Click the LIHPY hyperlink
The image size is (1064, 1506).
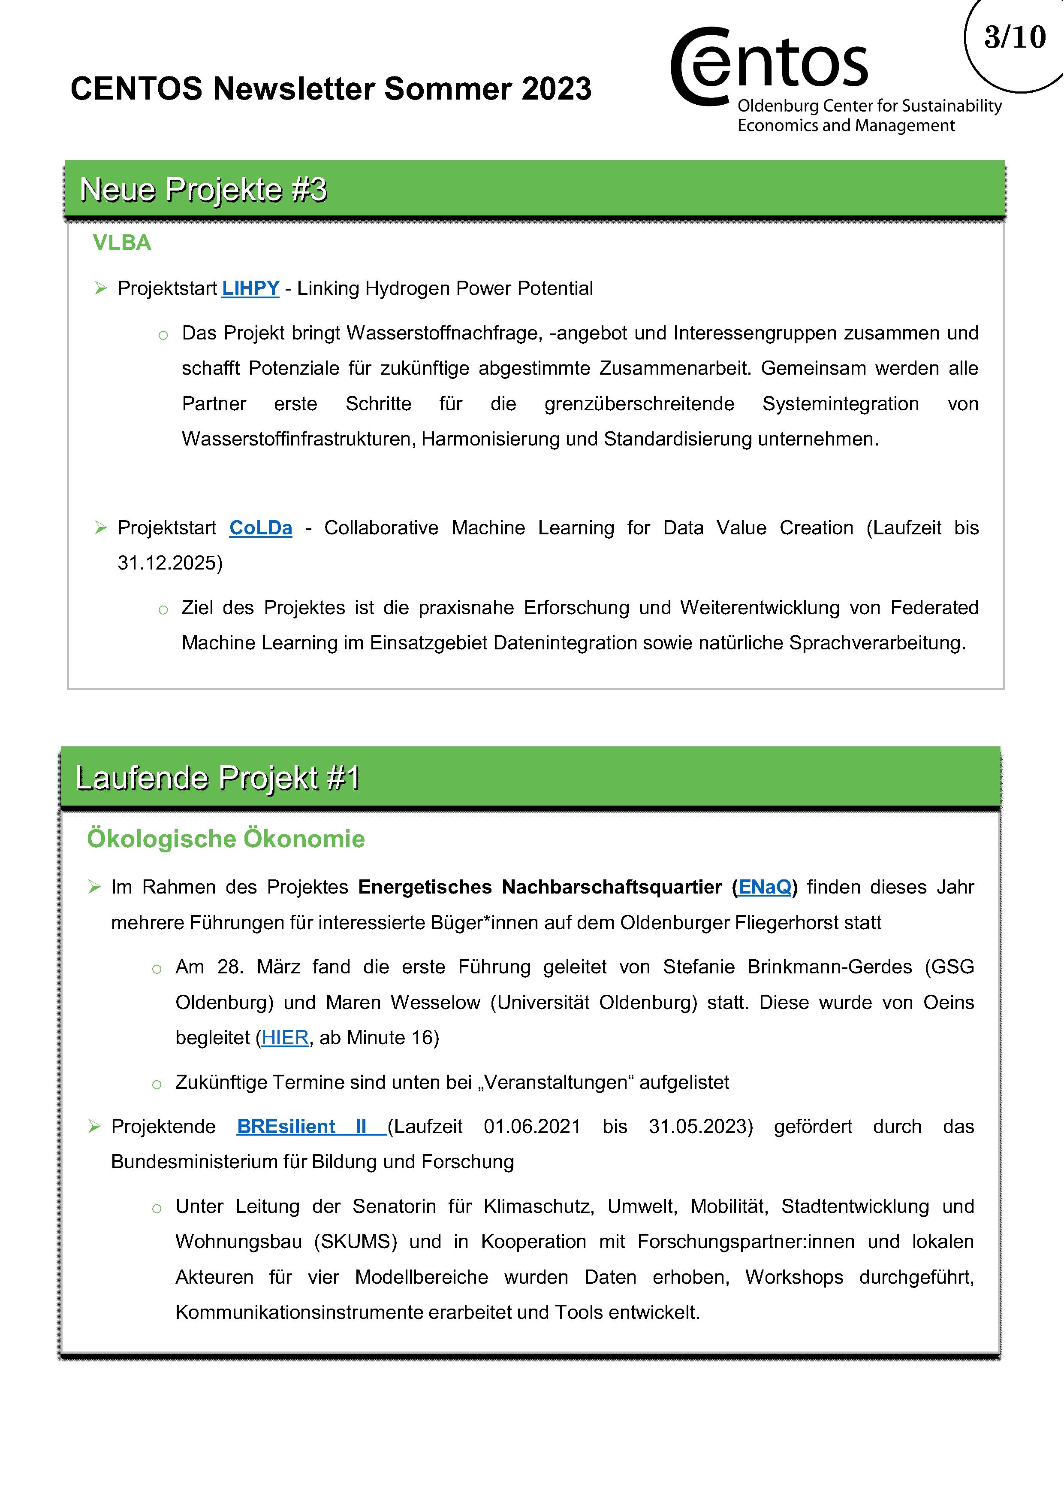pyautogui.click(x=250, y=288)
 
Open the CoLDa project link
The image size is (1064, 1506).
pyautogui.click(x=260, y=528)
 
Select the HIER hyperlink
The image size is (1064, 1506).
pyautogui.click(x=285, y=1038)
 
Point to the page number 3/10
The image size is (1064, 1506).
pyautogui.click(x=1015, y=37)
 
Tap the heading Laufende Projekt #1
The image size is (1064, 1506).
pyautogui.click(x=218, y=779)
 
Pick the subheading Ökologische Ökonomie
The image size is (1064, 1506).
pyautogui.click(x=226, y=839)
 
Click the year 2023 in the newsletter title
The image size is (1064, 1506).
pyautogui.click(x=556, y=89)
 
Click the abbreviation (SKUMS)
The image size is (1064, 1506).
pyautogui.click(x=356, y=1242)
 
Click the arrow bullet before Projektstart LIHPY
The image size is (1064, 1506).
pyautogui.click(x=100, y=288)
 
